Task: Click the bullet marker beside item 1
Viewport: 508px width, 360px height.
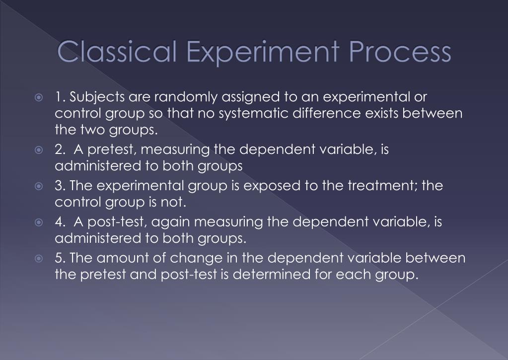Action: tap(40, 97)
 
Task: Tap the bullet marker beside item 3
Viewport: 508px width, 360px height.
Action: tap(40, 186)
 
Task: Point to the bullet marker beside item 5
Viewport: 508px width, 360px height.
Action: tap(40, 258)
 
